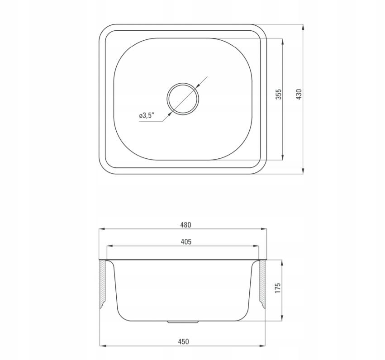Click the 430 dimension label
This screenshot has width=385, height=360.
299,94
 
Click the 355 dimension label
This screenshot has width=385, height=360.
279,94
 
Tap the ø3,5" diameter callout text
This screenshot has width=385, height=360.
147,115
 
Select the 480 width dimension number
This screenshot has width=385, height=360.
185,225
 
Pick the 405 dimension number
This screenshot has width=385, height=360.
186,242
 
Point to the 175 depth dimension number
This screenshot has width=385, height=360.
278,288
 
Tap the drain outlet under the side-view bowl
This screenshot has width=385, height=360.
183,322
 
